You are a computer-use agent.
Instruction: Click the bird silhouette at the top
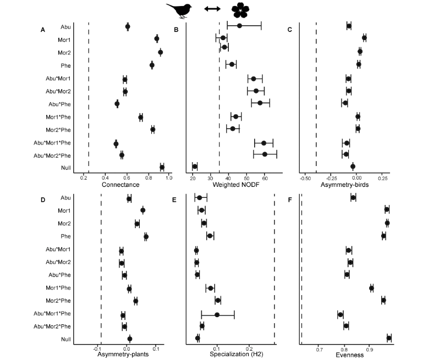click(x=179, y=10)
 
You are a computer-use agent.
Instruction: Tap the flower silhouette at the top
click(x=240, y=10)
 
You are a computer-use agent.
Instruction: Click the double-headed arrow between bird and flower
click(x=212, y=9)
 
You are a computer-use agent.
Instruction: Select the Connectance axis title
click(x=120, y=185)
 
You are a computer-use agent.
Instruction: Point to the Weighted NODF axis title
click(x=236, y=185)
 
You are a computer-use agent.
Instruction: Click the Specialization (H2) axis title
click(x=237, y=354)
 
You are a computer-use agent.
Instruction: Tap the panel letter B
click(x=176, y=30)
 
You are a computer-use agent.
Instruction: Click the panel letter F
click(x=290, y=200)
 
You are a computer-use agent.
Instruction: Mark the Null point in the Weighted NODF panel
click(x=195, y=167)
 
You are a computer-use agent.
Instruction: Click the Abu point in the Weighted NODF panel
click(x=239, y=26)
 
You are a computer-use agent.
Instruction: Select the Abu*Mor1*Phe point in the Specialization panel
click(x=217, y=315)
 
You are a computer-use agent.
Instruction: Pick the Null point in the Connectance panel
click(x=162, y=168)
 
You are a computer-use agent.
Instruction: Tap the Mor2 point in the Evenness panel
click(x=387, y=223)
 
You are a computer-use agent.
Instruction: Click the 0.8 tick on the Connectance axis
click(x=149, y=178)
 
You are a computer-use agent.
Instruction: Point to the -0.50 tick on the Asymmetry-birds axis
click(x=305, y=179)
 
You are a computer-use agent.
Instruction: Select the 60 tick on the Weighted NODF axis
click(x=265, y=179)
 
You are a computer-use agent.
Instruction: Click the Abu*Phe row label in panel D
click(x=59, y=275)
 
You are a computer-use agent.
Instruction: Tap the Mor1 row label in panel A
click(x=64, y=40)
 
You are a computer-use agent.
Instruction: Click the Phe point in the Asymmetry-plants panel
click(x=146, y=236)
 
